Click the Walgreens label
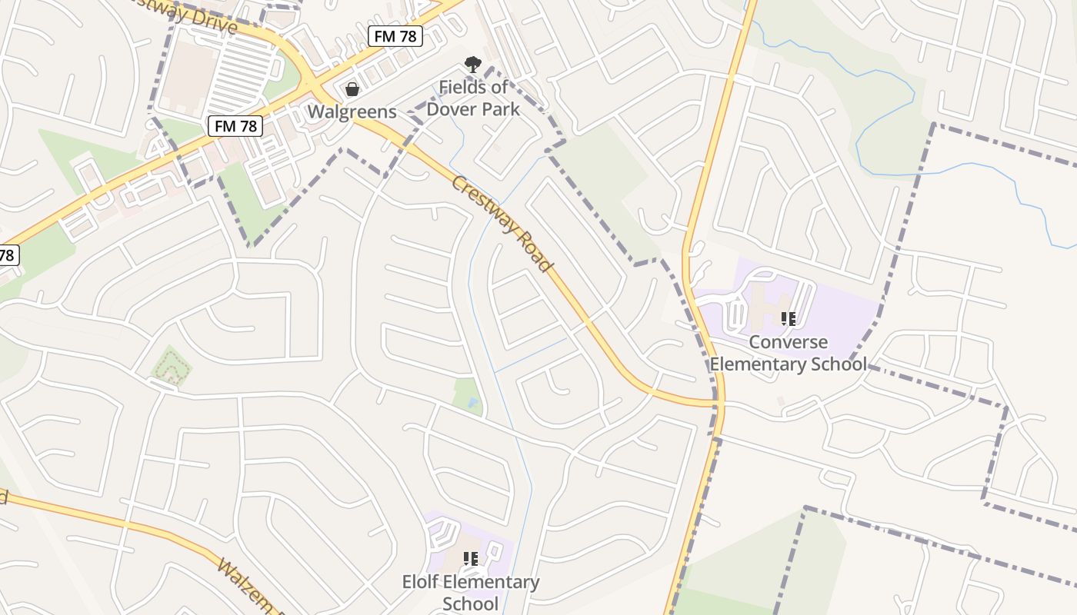point(352,111)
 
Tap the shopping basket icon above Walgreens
point(352,89)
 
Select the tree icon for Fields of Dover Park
point(472,66)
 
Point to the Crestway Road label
point(502,224)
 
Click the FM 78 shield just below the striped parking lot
point(235,126)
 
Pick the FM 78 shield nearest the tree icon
point(395,35)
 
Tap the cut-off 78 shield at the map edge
point(7,255)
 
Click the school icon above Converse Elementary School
point(788,318)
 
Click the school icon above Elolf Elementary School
point(471,559)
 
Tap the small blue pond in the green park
point(472,402)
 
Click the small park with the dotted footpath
point(171,367)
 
